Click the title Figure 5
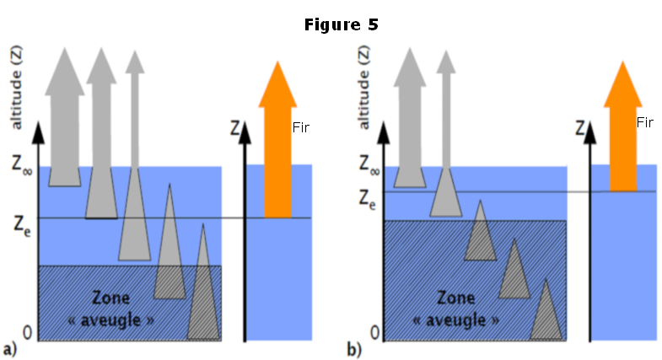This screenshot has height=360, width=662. point(341,24)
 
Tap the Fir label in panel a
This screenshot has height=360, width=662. point(301,127)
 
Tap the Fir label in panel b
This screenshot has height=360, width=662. point(645,122)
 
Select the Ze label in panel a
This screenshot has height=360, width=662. point(22,224)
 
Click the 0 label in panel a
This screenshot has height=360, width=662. point(26,333)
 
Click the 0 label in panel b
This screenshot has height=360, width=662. point(369,332)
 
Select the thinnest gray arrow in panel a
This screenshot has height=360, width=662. point(134,126)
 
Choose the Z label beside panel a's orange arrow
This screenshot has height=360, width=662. point(235,130)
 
